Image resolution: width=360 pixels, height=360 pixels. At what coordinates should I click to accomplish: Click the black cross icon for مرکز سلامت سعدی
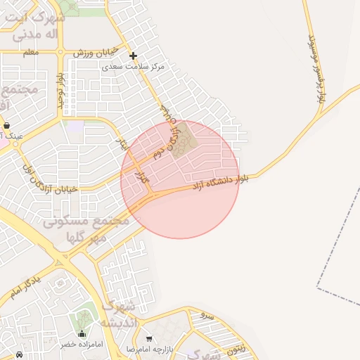pos(133,56)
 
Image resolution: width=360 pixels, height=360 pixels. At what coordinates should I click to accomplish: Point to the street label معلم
pos(30,53)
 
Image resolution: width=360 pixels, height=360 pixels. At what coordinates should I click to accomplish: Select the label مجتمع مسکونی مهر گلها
pos(86,229)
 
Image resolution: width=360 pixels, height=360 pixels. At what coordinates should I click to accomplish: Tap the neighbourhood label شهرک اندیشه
pos(117,314)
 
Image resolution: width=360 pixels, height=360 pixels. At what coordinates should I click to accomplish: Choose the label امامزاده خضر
pos(82,345)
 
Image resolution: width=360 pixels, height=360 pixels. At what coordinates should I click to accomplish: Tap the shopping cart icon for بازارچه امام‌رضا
pos(148,339)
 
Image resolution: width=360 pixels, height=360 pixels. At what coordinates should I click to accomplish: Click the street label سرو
pos(206,314)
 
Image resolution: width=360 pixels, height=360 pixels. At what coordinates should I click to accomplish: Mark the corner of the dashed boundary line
pos(318,288)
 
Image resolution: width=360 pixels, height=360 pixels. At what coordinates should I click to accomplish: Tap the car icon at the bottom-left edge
pos(18,354)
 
